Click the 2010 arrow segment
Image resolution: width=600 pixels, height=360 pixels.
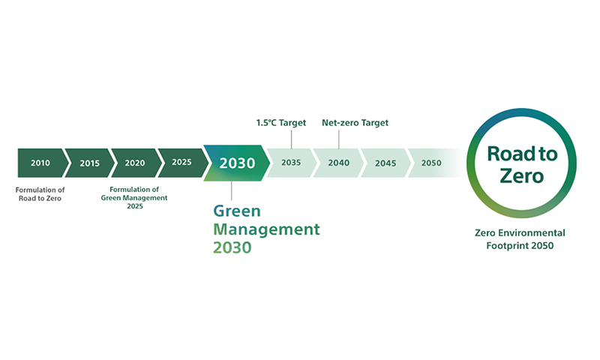tap(42, 163)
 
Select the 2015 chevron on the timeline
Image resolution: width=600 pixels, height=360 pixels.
tap(89, 163)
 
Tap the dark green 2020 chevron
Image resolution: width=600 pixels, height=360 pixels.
tap(136, 163)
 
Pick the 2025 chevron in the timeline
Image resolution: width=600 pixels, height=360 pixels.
tap(183, 163)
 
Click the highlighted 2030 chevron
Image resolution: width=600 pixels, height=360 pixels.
tap(237, 163)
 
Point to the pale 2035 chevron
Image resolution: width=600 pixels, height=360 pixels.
tap(292, 163)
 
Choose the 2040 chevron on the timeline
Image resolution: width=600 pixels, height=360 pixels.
tap(339, 163)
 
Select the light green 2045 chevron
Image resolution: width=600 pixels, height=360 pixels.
tap(385, 163)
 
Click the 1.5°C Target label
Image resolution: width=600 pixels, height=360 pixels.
tap(281, 123)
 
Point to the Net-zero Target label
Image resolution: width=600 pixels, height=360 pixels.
tap(355, 123)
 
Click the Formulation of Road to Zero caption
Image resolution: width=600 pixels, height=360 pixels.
tap(40, 194)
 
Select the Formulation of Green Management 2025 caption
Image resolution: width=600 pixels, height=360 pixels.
tap(134, 198)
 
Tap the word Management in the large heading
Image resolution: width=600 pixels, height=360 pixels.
tap(266, 229)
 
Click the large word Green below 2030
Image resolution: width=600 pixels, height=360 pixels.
tap(237, 211)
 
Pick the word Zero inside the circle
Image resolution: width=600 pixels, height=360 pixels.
tap(521, 176)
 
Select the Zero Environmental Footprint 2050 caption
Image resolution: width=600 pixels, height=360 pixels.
tap(520, 239)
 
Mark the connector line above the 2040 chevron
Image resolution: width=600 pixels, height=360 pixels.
tap(339, 139)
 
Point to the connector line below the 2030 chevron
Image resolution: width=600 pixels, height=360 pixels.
tap(232, 190)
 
